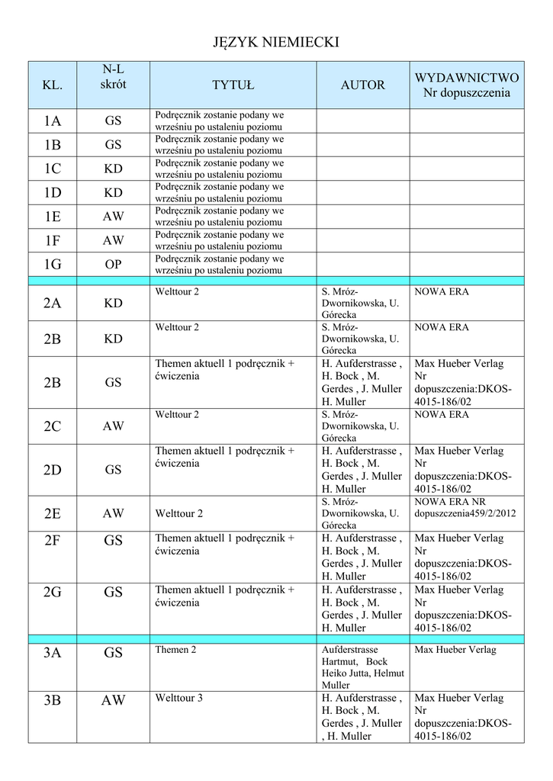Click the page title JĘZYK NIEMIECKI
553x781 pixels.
[275, 43]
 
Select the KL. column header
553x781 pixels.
[52, 85]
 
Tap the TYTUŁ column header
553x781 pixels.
[233, 85]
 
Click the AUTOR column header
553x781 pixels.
[362, 85]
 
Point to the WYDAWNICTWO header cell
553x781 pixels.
[467, 85]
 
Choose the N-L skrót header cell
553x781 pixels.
[113, 78]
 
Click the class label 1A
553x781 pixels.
[52, 121]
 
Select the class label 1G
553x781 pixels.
[52, 265]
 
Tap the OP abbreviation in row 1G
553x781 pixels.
[113, 265]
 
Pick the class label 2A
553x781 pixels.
[52, 304]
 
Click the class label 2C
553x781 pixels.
[52, 427]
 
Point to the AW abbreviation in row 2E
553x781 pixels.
[113, 514]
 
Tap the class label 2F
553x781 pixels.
[52, 542]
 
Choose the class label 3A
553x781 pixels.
[52, 653]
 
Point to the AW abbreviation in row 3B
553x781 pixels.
[113, 700]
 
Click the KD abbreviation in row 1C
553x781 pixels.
[113, 169]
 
